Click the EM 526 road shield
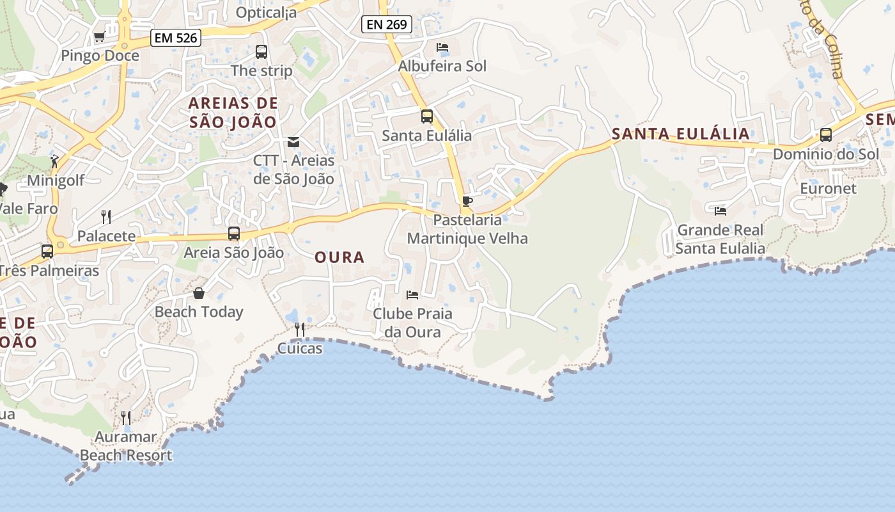coord(176,38)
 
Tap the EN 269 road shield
coord(387,24)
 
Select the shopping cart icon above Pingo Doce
coord(99,37)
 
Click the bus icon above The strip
coord(261,52)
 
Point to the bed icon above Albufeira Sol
coord(442,47)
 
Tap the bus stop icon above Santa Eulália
coord(426,116)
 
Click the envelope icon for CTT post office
coord(293,141)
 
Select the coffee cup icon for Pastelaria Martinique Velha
coord(467,202)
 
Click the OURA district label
coord(339,257)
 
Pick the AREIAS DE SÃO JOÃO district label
coord(233,112)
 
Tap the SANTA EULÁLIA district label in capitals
coord(680,134)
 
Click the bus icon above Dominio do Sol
coord(826,135)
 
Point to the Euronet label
coord(828,189)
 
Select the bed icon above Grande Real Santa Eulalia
coord(720,211)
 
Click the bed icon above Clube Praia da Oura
coord(412,295)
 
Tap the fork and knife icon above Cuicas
coord(299,330)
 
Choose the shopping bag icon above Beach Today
coord(199,293)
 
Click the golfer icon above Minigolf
coord(56,161)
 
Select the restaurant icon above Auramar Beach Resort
coord(126,418)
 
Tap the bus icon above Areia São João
coord(234,234)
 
